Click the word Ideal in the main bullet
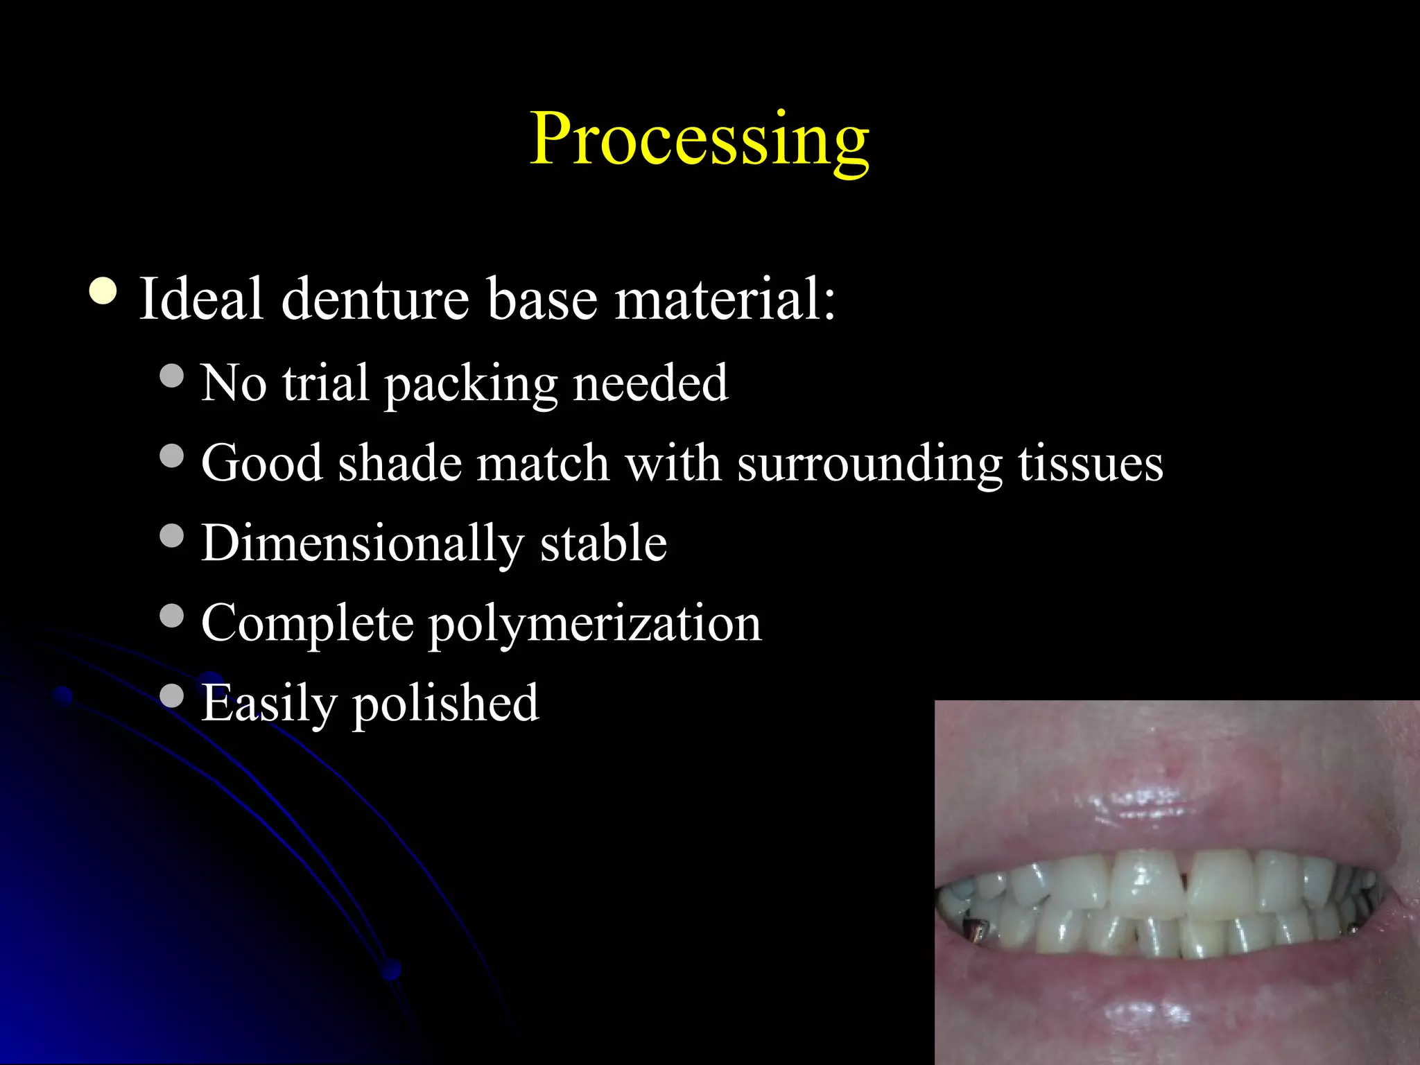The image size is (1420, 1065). (x=201, y=299)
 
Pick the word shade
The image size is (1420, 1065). (x=400, y=463)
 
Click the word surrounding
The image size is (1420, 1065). (x=869, y=463)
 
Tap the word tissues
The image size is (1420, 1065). (x=1090, y=463)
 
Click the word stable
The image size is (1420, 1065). (x=603, y=543)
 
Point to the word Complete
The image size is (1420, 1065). (x=307, y=623)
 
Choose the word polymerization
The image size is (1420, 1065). (x=595, y=623)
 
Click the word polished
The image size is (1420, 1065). (x=446, y=703)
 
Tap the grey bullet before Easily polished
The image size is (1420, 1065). (x=171, y=695)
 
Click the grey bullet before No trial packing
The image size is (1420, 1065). (x=171, y=376)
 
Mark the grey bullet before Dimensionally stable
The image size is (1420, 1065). (x=171, y=535)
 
